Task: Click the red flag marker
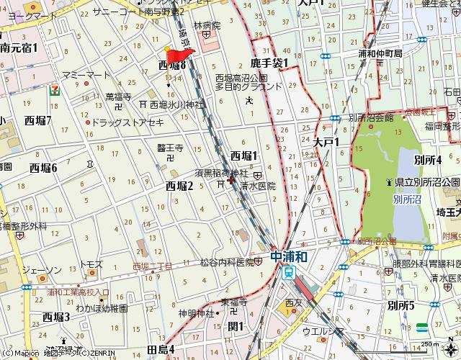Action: tap(178, 55)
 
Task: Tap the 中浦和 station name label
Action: tap(290, 256)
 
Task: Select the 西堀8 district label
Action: tap(172, 66)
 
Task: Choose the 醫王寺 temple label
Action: tap(171, 147)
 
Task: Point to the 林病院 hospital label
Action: tap(205, 25)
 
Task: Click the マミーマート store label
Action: tap(86, 75)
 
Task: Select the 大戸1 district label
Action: tap(326, 143)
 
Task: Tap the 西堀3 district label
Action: tap(56, 317)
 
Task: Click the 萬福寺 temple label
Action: tap(118, 96)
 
